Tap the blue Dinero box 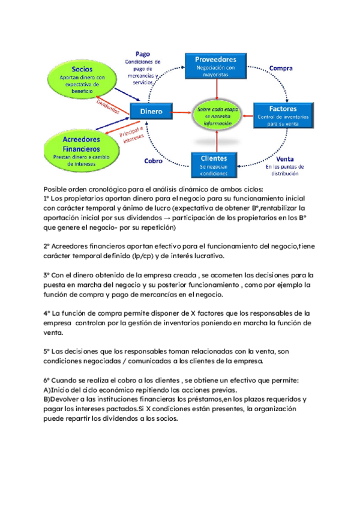pyautogui.click(x=151, y=111)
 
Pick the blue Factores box pyautogui.click(x=283, y=112)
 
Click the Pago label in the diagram pyautogui.click(x=143, y=53)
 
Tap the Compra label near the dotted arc pyautogui.click(x=280, y=68)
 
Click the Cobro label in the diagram pyautogui.click(x=153, y=161)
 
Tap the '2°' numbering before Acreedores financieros pyautogui.click(x=47, y=245)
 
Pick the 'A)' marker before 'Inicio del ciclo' pyautogui.click(x=47, y=390)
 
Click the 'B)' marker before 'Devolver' pyautogui.click(x=47, y=399)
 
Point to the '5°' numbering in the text pyautogui.click(x=47, y=351)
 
